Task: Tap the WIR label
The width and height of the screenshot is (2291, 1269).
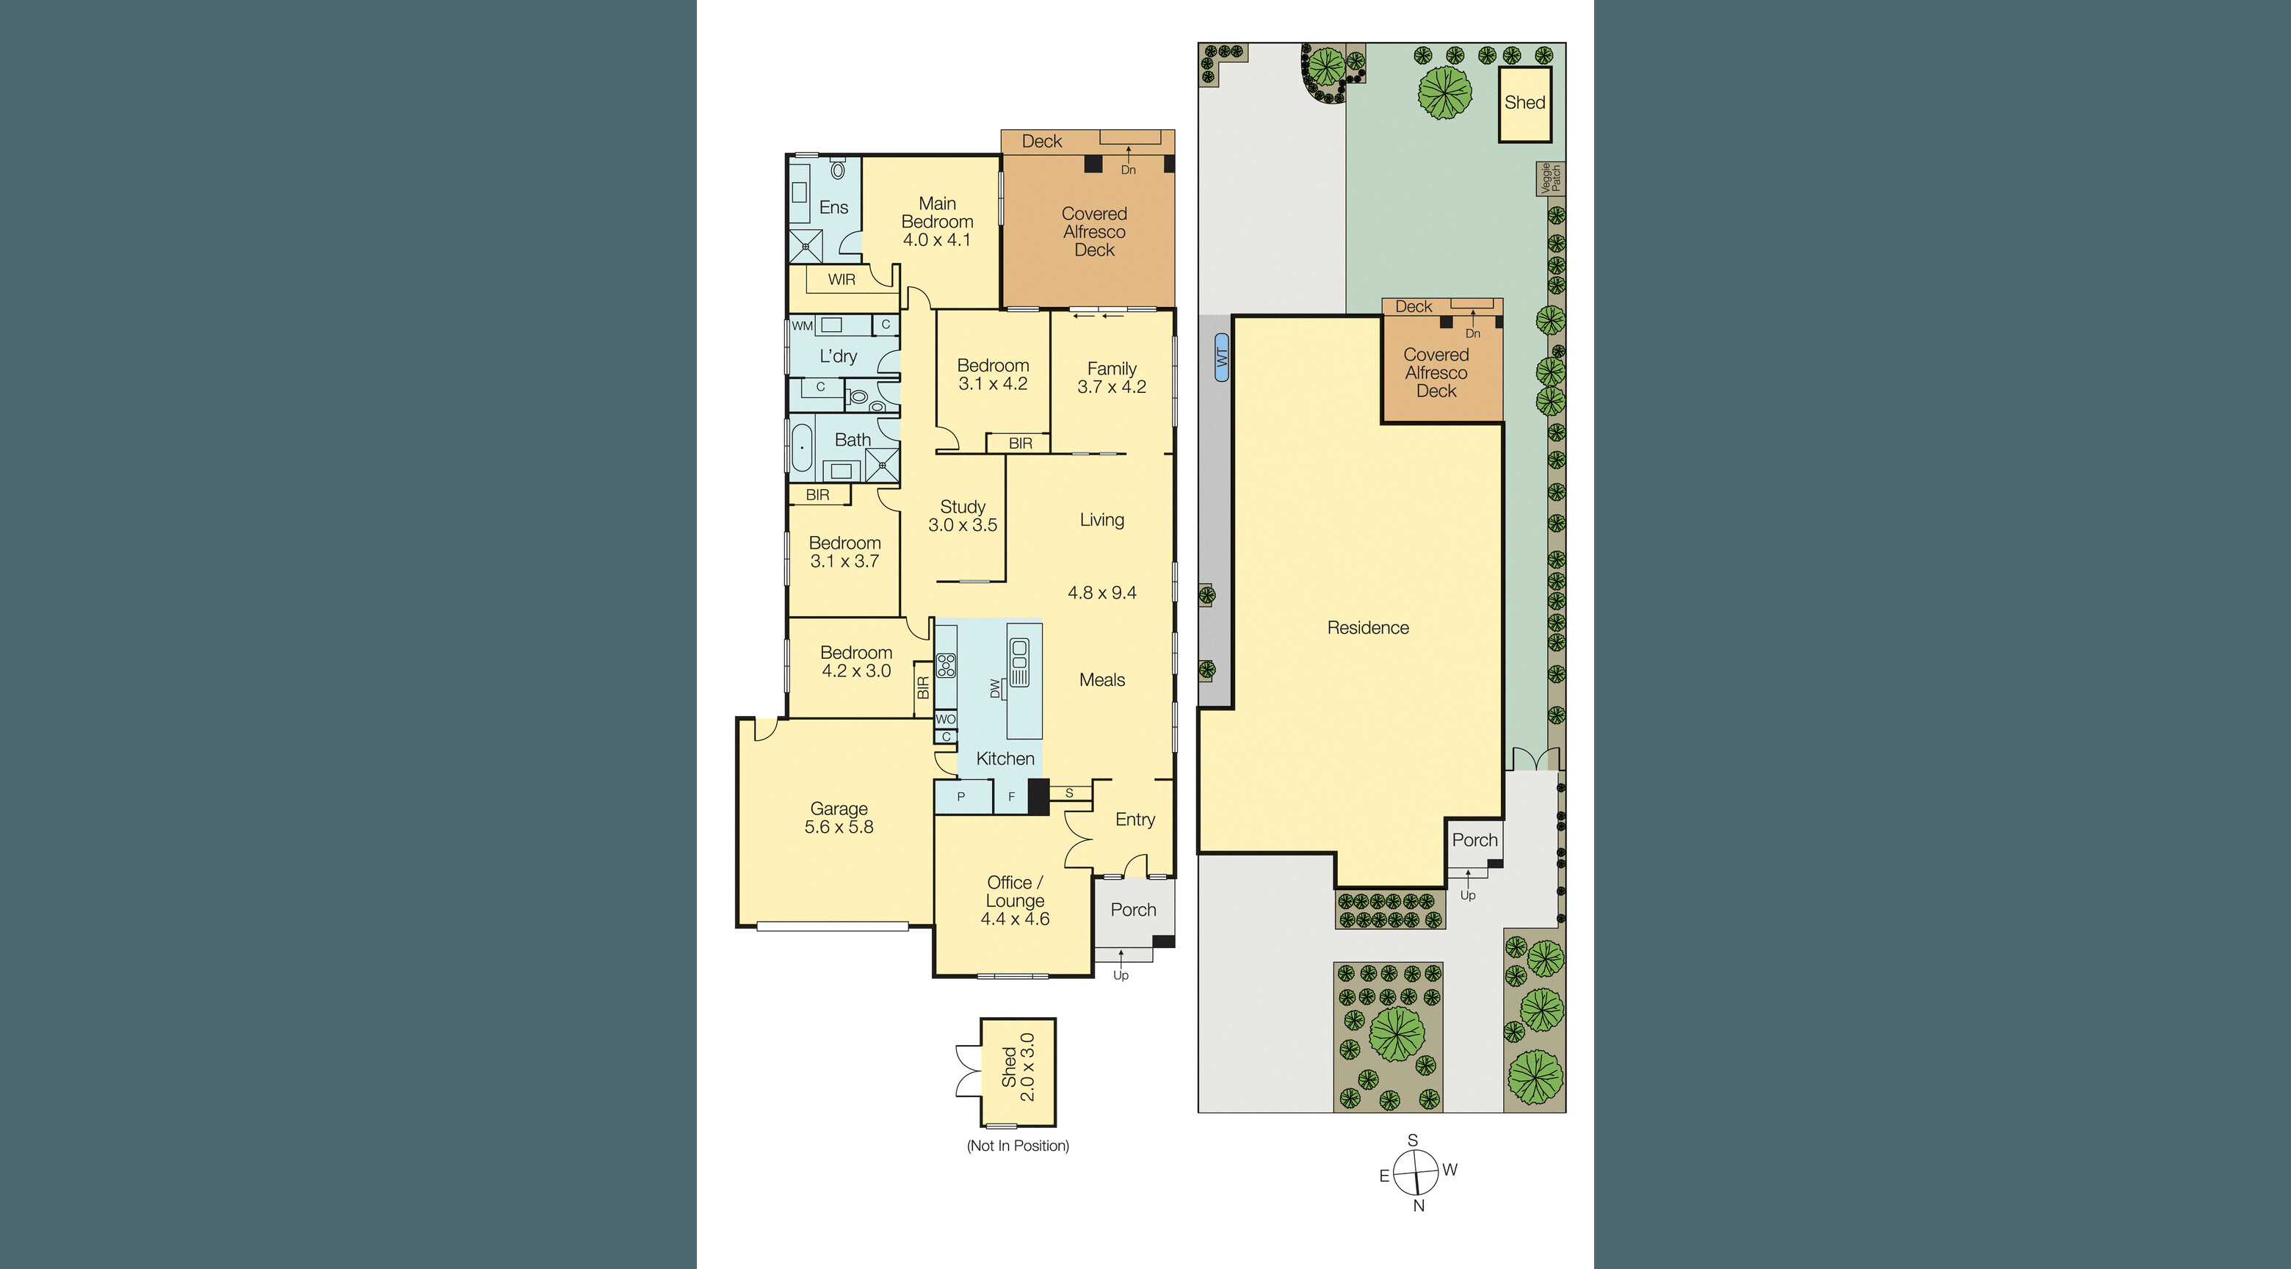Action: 842,279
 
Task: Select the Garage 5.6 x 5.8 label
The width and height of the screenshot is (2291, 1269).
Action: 839,817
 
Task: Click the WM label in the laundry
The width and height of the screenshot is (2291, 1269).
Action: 802,325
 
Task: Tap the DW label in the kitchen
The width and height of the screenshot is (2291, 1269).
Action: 995,688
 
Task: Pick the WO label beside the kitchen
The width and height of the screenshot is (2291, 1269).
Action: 945,718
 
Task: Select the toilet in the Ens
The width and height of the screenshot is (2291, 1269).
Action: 838,169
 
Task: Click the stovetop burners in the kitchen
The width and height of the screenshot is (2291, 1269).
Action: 945,665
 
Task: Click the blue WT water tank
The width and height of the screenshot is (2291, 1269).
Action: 1221,357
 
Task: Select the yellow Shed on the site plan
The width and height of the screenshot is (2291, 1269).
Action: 1524,103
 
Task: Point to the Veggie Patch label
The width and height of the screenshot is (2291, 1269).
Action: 1550,178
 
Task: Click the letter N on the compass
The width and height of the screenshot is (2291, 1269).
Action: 1419,1206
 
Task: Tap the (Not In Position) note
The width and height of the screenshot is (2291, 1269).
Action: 1018,1146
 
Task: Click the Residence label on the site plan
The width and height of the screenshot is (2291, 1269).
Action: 1368,628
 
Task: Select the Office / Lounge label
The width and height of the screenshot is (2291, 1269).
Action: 1015,900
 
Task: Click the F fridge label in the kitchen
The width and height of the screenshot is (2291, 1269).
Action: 1011,797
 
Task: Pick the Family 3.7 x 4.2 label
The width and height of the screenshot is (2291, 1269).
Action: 1112,377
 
